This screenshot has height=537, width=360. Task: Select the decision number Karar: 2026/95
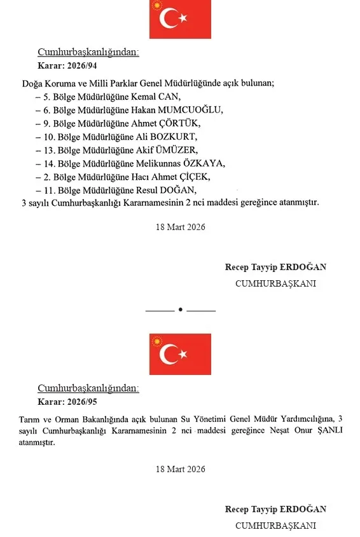67,402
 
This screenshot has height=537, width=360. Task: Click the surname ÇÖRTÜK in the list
177,123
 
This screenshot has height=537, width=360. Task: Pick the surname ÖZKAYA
204,163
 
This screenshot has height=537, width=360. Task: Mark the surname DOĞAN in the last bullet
179,190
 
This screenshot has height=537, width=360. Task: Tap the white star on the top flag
184,19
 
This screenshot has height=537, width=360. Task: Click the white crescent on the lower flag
170,355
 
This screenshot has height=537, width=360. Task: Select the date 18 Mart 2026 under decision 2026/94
180,227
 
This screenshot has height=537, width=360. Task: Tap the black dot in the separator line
181,310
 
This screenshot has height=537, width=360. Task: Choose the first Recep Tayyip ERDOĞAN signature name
275,268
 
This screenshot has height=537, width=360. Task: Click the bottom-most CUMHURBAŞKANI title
275,526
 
